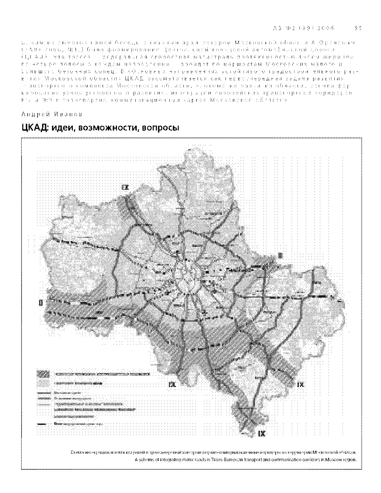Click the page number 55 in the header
(358, 28)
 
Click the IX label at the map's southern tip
(262, 433)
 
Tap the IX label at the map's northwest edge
(124, 187)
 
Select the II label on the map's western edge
(41, 303)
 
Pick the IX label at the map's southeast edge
(300, 385)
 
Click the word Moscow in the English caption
(334, 460)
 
